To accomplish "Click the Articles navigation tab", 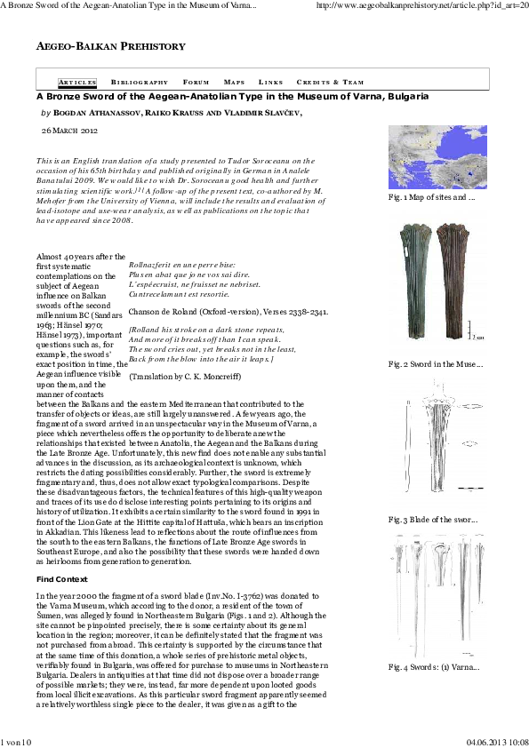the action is (77, 82).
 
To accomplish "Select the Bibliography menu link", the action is (140, 82).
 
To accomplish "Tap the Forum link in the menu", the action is (196, 82).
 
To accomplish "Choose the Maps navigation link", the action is (234, 82).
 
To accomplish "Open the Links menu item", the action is (270, 82).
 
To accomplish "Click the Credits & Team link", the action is (330, 82).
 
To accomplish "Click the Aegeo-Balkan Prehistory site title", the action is (111, 46).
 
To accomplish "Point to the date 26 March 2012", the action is (69, 131).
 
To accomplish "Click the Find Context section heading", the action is (62, 579).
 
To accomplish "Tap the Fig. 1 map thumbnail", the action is (437, 157).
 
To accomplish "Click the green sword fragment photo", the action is (415, 281).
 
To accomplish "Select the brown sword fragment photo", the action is (453, 281).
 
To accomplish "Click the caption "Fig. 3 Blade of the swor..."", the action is (433, 520).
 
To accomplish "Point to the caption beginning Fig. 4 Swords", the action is (434, 667).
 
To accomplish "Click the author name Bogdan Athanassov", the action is (97, 113).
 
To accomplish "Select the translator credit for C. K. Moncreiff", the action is (185, 377).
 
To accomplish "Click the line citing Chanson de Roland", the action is (228, 312).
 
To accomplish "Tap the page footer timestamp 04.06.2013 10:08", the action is (498, 743).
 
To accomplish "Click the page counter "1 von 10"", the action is (16, 743).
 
